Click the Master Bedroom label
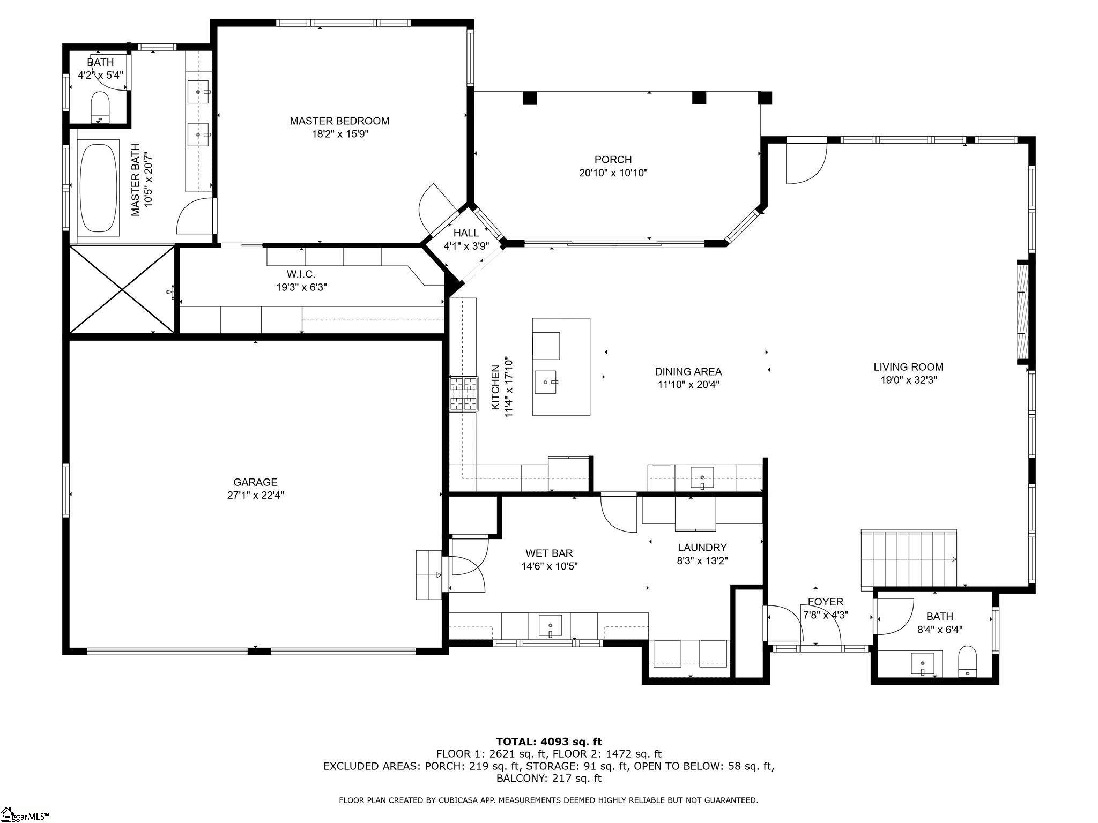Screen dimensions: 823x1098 [339, 121]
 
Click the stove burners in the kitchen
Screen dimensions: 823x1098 [463, 394]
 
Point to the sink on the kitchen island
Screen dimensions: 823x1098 [546, 381]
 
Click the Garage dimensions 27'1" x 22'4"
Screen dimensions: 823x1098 [255, 495]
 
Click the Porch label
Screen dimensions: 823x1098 [613, 160]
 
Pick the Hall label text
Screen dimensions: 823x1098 [466, 233]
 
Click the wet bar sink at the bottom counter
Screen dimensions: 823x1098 [550, 625]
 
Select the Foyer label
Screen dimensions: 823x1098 [825, 602]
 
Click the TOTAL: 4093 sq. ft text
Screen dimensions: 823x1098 [548, 742]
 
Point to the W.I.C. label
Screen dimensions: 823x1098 [301, 274]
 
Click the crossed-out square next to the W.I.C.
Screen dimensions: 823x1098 [122, 289]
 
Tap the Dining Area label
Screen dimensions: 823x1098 [688, 371]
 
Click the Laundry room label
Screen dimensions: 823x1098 [702, 548]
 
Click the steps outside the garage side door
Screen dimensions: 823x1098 [428, 574]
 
